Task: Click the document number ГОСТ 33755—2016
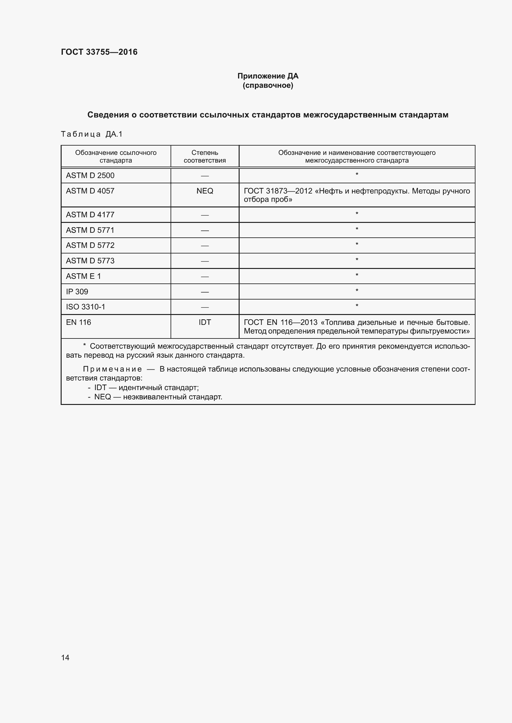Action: tap(99, 52)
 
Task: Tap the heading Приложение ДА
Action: tap(268, 76)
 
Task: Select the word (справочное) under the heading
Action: tap(268, 85)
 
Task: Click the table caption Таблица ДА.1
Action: tap(91, 134)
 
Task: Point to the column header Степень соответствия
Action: tap(205, 156)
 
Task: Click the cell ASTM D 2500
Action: tap(90, 175)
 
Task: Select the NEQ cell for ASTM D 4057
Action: tap(205, 191)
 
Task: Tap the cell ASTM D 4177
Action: tap(90, 215)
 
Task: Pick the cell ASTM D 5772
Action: tap(90, 245)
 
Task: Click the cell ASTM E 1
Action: tap(83, 276)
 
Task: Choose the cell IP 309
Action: tap(77, 291)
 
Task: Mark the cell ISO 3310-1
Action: tap(85, 307)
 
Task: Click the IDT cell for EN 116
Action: tap(205, 322)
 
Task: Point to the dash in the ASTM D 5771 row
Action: tap(205, 231)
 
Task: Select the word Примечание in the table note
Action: tap(112, 369)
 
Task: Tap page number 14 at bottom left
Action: tap(65, 657)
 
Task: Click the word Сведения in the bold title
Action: tap(108, 115)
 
